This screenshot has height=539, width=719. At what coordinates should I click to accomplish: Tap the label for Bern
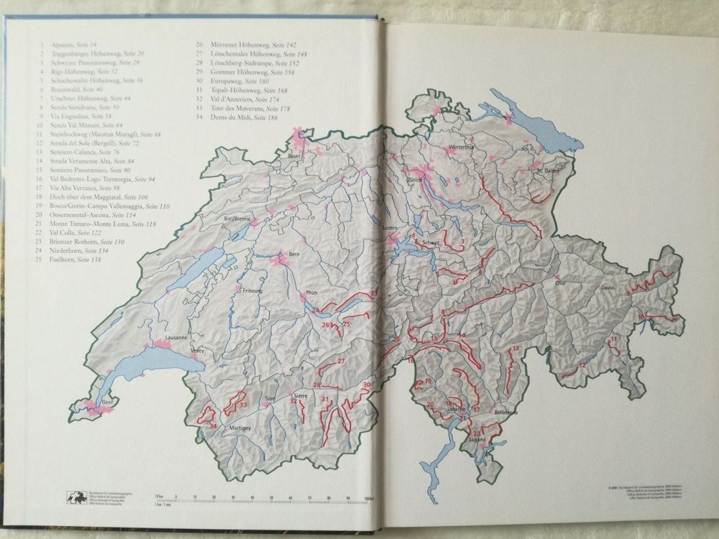pyautogui.click(x=294, y=254)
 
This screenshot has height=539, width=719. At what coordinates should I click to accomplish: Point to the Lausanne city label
pyautogui.click(x=175, y=337)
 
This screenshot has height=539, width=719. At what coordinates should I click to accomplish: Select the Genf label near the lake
pyautogui.click(x=108, y=402)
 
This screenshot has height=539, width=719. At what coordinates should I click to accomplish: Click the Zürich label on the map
pyautogui.click(x=414, y=180)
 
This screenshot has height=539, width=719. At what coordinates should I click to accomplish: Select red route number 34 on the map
pyautogui.click(x=213, y=426)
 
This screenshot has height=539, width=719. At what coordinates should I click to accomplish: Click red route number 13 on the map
pyautogui.click(x=516, y=349)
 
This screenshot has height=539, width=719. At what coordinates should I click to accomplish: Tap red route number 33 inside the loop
pyautogui.click(x=243, y=405)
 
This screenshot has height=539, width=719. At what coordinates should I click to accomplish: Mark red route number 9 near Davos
pyautogui.click(x=628, y=293)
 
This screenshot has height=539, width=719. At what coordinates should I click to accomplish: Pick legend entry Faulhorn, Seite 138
pyautogui.click(x=76, y=259)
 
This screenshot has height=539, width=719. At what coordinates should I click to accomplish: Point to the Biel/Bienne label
pyautogui.click(x=237, y=218)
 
